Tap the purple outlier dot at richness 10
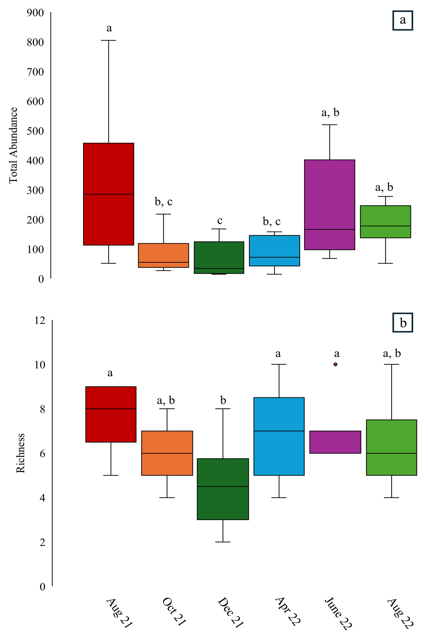(335, 364)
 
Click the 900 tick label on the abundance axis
(35, 13)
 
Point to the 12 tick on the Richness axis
(40, 320)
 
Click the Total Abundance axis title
(13, 145)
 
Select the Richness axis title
(21, 453)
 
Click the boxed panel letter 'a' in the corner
(403, 21)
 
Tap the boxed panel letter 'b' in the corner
(403, 323)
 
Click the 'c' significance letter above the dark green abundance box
(220, 221)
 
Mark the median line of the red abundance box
(108, 194)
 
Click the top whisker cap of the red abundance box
(108, 40)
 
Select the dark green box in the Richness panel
(223, 489)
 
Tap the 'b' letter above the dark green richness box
(223, 401)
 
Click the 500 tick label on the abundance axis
(35, 131)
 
